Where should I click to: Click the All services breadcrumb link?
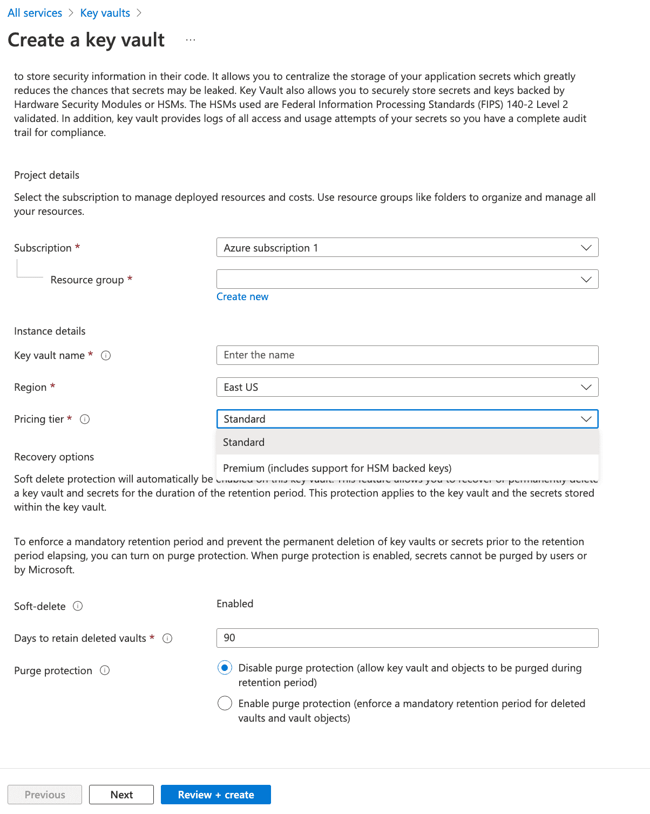(35, 13)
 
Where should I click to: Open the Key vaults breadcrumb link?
(105, 13)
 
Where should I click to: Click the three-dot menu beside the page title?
(191, 40)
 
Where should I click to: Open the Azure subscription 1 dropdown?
(407, 248)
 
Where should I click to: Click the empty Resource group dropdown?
(407, 280)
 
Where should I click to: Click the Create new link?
(242, 297)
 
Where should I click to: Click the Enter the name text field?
(407, 355)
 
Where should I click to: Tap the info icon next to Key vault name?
(106, 356)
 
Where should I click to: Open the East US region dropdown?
(407, 387)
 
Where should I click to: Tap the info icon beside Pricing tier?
(85, 419)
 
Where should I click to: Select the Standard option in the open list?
(244, 443)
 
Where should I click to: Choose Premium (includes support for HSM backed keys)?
(337, 469)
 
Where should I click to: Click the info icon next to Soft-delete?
(78, 606)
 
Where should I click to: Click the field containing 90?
(407, 638)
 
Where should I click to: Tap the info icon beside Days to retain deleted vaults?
(167, 639)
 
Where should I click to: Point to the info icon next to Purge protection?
(105, 670)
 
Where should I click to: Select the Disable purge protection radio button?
(225, 668)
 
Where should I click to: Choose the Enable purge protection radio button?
(225, 704)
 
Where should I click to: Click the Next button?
(121, 795)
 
